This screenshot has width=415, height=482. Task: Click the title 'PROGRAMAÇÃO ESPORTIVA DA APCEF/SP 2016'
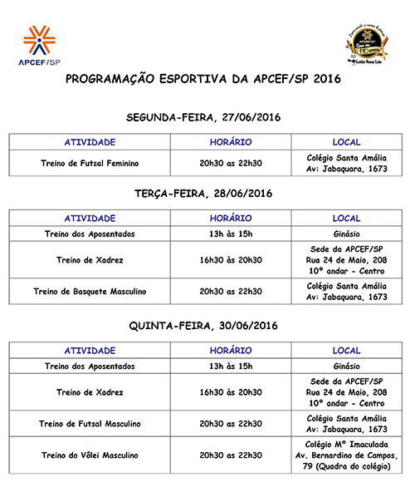tap(203, 80)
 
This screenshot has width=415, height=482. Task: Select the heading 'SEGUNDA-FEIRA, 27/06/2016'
tap(203, 117)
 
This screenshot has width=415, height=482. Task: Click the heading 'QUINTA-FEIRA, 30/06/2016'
tap(203, 325)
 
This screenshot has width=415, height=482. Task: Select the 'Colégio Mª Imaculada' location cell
tap(346, 455)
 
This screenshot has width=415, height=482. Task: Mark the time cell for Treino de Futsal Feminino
tap(231, 163)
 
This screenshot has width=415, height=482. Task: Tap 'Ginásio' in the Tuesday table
tap(346, 234)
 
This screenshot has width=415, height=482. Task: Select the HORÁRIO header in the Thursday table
tap(231, 350)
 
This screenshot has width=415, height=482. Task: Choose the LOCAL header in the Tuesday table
tap(346, 218)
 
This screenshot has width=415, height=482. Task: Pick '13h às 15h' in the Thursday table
tap(231, 366)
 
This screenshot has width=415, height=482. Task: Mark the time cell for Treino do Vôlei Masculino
tap(231, 455)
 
